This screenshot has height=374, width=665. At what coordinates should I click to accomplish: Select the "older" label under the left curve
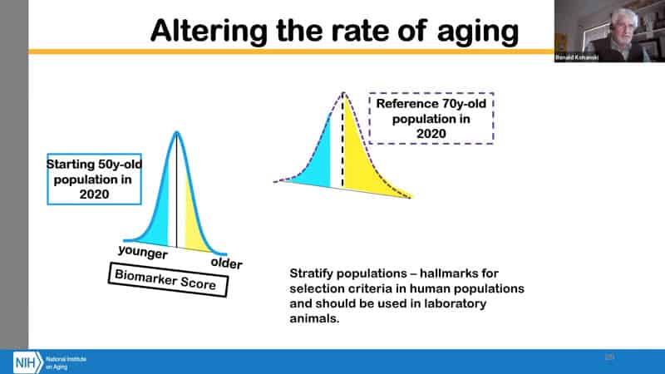point(226,263)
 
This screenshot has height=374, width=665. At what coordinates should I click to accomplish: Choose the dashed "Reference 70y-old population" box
point(431,118)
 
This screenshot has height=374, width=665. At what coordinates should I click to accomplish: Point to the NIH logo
point(25,362)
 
